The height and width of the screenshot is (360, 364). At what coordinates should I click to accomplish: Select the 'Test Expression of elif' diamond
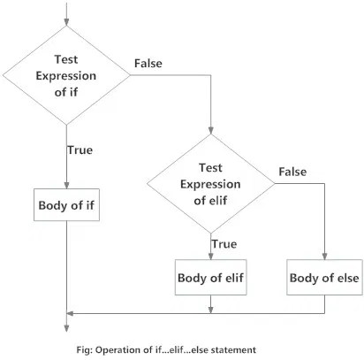211,183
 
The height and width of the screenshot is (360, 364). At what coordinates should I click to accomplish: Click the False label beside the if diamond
149,64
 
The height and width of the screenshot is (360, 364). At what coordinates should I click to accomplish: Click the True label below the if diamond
80,149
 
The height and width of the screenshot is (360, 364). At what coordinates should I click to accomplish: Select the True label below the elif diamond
224,242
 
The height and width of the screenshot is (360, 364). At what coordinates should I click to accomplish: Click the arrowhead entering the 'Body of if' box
67,184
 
